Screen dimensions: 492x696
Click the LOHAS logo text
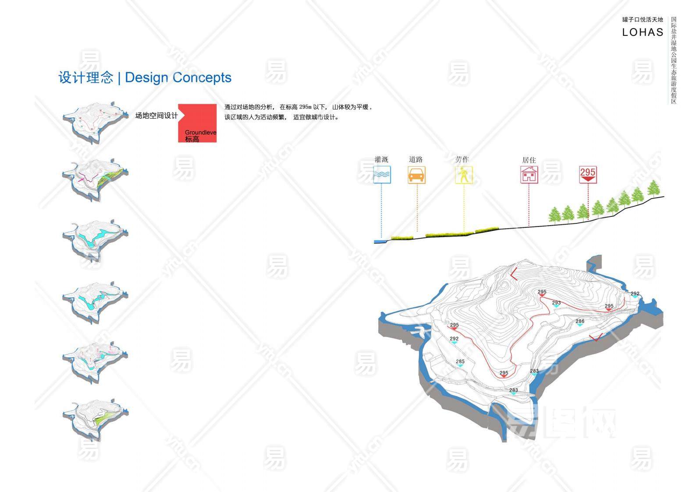pyautogui.click(x=643, y=32)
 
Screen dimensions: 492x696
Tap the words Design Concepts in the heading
pyautogui.click(x=178, y=78)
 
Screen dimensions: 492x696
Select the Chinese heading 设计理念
pyautogui.click(x=86, y=78)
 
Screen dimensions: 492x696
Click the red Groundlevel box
pyautogui.click(x=198, y=123)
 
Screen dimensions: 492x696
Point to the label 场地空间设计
pyautogui.click(x=156, y=116)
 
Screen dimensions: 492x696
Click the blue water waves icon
pyautogui.click(x=382, y=175)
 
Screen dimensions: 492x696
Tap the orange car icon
pyautogui.click(x=416, y=175)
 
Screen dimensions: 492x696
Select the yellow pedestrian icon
pyautogui.click(x=463, y=175)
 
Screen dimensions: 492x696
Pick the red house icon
pyautogui.click(x=529, y=175)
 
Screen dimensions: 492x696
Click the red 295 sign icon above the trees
pyautogui.click(x=588, y=174)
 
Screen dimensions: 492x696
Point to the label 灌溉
pyautogui.click(x=381, y=159)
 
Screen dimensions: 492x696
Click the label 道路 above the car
pyautogui.click(x=416, y=159)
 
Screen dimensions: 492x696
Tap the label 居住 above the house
pyautogui.click(x=529, y=160)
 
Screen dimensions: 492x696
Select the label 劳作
pyautogui.click(x=462, y=159)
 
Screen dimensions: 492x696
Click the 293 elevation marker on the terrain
pyautogui.click(x=556, y=303)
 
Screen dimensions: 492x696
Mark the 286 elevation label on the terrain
pyautogui.click(x=580, y=322)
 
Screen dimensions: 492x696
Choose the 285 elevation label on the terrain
pyautogui.click(x=460, y=362)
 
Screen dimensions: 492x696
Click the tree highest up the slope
pyautogui.click(x=653, y=188)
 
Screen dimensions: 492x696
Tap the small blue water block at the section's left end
pyautogui.click(x=378, y=241)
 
